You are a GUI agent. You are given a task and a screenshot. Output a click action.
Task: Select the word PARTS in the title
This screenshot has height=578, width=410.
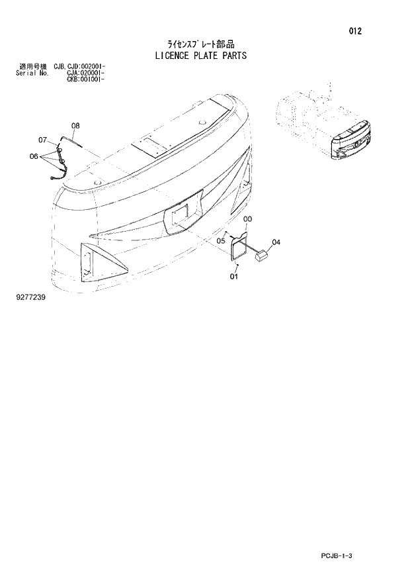pos(234,56)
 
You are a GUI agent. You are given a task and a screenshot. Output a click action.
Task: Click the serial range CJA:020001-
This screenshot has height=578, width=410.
pos(87,73)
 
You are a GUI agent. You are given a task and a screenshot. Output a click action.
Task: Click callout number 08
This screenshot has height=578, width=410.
pos(75,126)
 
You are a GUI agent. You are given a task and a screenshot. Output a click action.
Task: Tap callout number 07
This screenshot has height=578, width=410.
pos(42,140)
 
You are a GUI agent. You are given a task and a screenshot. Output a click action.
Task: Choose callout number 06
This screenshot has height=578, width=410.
pos(34,156)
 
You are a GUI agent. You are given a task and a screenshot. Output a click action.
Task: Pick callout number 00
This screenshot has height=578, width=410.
pos(247,219)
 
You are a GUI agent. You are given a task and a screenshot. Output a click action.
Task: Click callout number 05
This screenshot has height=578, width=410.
pos(221,241)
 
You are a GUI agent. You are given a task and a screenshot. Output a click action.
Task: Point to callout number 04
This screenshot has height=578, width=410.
pos(276,242)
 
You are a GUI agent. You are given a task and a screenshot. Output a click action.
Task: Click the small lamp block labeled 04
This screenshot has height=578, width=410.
pos(261,254)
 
